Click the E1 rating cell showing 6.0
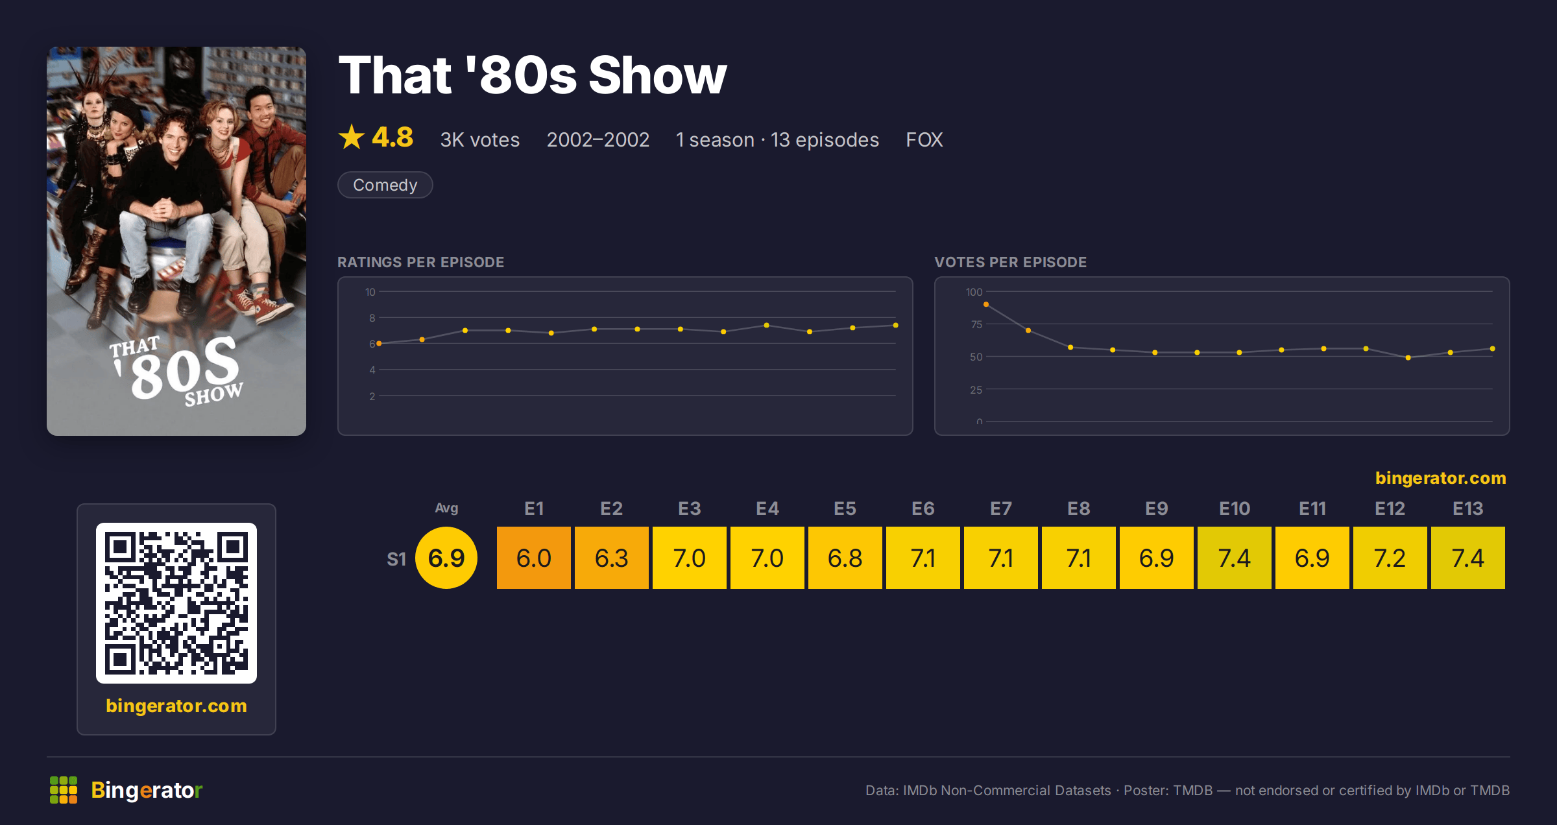[533, 558]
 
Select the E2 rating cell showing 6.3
[611, 558]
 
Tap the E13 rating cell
[1467, 558]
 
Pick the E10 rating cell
[1234, 558]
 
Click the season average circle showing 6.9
[446, 558]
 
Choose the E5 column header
[845, 508]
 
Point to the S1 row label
[396, 558]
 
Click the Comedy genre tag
[385, 185]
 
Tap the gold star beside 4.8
[352, 137]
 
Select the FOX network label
[924, 139]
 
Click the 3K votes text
[479, 139]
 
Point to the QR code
[176, 603]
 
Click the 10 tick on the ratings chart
[370, 292]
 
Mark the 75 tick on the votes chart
[976, 324]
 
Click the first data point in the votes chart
[986, 304]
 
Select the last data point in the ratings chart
[896, 325]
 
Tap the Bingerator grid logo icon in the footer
[64, 790]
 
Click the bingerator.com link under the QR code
[176, 706]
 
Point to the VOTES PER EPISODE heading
[1010, 262]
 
